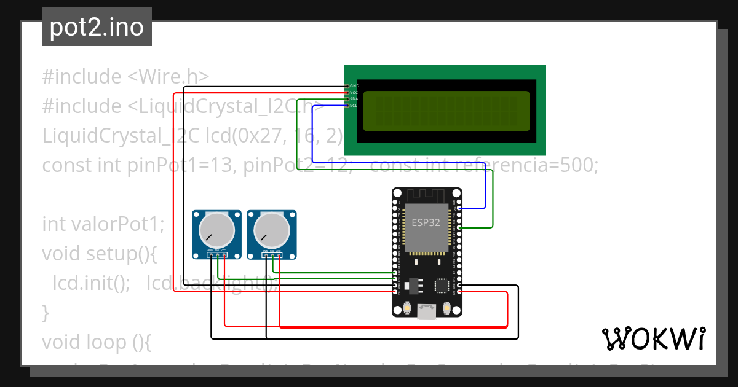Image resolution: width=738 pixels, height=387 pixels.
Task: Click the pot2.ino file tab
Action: pos(97,27)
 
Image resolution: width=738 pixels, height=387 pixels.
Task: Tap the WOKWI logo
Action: pos(653,338)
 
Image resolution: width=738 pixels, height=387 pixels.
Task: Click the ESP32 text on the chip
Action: pos(426,222)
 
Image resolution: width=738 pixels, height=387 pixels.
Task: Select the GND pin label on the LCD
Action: pos(354,85)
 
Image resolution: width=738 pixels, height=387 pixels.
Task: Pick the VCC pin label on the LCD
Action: pos(354,92)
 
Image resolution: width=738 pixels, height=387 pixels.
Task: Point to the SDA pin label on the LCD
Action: pos(354,99)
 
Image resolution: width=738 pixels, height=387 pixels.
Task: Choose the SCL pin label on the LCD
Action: pos(354,106)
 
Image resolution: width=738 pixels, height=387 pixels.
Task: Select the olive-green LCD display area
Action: pos(446,111)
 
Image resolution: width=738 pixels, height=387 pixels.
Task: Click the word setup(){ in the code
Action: pos(130,253)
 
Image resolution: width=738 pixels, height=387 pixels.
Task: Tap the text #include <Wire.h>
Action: pos(125,77)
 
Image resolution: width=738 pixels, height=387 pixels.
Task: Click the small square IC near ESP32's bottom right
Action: pos(442,285)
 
